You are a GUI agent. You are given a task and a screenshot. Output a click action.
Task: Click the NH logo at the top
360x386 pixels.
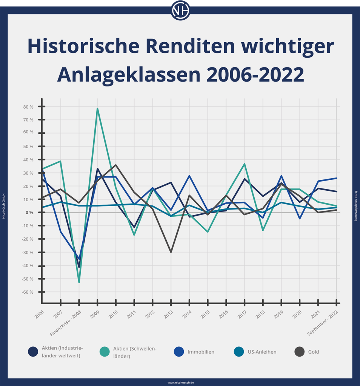point(180,11)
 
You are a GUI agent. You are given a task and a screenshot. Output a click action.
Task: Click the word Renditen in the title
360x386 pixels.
point(188,46)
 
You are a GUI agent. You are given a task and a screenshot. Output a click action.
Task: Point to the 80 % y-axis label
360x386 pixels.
point(28,107)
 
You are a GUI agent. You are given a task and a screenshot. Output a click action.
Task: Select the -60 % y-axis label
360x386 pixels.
point(28,292)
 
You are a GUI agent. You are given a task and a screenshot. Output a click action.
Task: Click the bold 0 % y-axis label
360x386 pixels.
point(29,213)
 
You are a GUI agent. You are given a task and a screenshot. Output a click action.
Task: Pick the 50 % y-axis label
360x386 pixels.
point(28,146)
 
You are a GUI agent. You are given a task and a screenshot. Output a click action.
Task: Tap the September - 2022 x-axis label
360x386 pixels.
point(323,321)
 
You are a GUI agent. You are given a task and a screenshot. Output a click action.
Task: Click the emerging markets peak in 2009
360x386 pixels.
point(97,109)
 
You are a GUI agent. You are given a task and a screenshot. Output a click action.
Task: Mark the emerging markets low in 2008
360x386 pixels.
point(79,282)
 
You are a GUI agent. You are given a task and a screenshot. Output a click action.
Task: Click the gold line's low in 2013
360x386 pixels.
point(171,252)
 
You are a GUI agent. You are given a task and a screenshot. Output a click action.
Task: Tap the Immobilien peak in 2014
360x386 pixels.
point(189,176)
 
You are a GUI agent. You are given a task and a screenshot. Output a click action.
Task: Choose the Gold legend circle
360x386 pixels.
point(300,352)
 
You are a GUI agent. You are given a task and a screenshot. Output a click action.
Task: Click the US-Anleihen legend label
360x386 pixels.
point(262,352)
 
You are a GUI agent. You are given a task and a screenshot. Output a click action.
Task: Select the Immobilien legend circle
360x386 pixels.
point(179,352)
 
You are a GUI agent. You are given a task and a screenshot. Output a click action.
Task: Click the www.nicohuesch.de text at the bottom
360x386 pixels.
point(180,382)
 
